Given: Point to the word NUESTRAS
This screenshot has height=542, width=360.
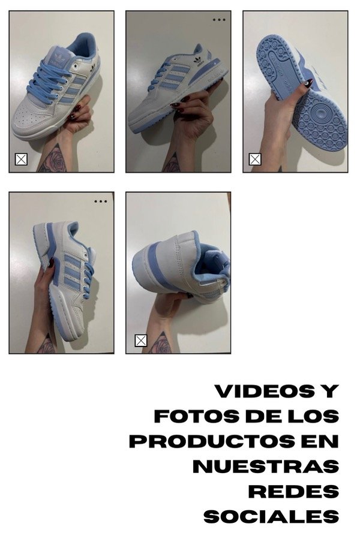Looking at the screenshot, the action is tap(266, 466).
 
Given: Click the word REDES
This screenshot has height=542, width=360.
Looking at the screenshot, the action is tap(293, 492).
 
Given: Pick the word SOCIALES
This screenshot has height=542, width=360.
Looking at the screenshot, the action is tap(271, 517).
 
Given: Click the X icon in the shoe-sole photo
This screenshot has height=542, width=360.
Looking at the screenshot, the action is tap(255, 159).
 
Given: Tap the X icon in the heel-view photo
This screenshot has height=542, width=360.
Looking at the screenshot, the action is tap(140, 341).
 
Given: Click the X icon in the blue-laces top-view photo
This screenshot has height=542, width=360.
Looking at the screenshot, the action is tap(21, 159).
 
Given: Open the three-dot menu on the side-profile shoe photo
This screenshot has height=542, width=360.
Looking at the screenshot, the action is tap(219, 20).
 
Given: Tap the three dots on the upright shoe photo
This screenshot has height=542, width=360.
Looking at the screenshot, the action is tap(101, 201).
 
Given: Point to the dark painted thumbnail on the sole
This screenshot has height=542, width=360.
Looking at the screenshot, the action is tap(308, 83).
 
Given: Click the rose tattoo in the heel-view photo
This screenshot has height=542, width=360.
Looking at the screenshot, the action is tap(161, 344).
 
